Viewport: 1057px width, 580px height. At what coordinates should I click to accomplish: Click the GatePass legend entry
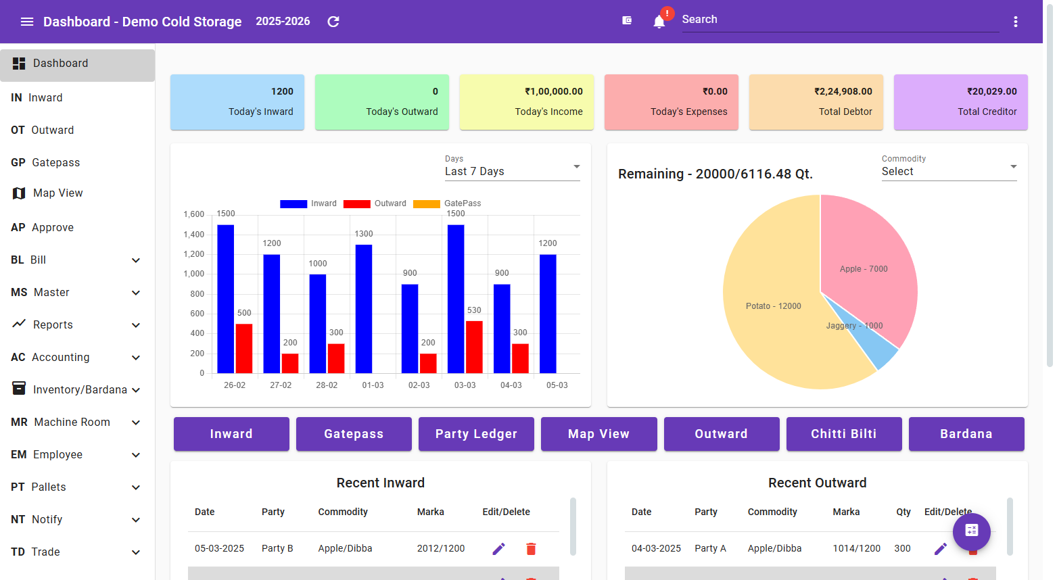coord(447,203)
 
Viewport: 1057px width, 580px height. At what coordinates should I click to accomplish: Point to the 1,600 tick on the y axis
coord(194,214)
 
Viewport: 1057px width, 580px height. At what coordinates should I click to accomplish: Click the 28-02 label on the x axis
coord(327,385)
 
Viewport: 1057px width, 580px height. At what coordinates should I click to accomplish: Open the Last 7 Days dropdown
coord(512,172)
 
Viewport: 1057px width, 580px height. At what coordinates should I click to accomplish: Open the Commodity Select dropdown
coord(949,172)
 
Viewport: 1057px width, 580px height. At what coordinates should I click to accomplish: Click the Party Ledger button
coord(476,434)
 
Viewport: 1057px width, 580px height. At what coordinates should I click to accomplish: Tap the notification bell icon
coord(659,22)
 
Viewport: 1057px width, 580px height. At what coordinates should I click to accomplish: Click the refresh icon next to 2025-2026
coord(333,22)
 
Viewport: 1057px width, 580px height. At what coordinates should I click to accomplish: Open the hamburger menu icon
coord(27,22)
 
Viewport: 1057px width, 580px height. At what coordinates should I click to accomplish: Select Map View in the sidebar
coord(57,193)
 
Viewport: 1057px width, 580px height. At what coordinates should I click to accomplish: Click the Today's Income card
coord(526,102)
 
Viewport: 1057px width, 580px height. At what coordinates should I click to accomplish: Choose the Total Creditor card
coord(960,102)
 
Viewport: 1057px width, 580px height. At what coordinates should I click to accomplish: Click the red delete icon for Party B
coord(531,549)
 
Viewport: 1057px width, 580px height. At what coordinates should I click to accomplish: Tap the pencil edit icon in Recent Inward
coord(498,549)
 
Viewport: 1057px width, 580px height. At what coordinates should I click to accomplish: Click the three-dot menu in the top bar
coord(1015,22)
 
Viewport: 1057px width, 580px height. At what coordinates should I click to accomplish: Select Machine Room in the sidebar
coord(72,422)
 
